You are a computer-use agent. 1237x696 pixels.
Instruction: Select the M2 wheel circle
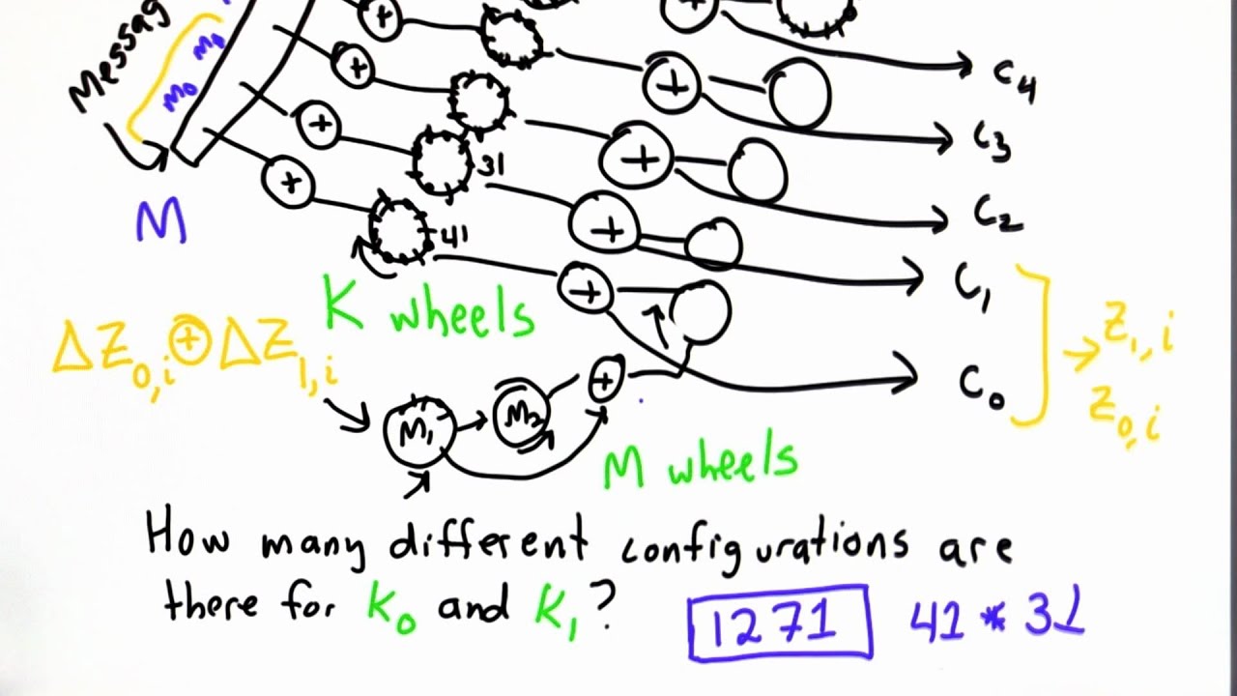pyautogui.click(x=523, y=415)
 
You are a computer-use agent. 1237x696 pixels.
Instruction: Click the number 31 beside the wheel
pyautogui.click(x=491, y=166)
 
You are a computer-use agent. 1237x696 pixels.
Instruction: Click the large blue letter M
pyautogui.click(x=160, y=222)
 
